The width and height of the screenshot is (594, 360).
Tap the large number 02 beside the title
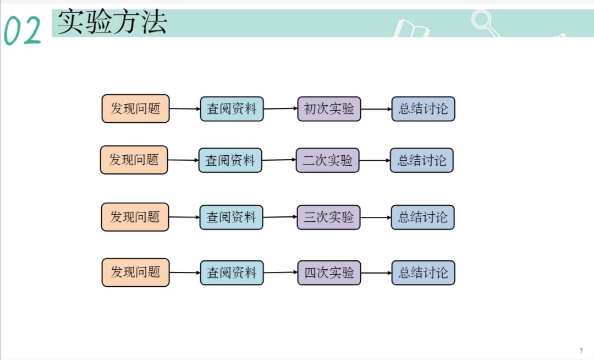(23, 31)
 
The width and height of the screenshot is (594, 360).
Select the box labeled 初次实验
(329, 109)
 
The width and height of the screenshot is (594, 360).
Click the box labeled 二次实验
(327, 160)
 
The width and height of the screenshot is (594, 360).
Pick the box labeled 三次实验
(329, 217)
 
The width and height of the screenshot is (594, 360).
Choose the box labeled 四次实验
(329, 272)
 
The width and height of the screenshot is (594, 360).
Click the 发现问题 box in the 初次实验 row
(135, 108)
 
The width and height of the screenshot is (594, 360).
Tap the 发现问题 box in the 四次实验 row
(135, 272)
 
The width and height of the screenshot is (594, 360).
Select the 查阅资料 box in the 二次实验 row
(230, 160)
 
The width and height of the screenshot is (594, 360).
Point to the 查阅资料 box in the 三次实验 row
(231, 217)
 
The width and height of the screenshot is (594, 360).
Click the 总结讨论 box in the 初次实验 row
(423, 109)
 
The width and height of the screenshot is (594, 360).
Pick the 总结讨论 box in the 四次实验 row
(423, 272)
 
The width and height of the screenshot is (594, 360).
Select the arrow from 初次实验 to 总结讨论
(376, 109)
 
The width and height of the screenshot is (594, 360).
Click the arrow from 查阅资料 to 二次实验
(279, 160)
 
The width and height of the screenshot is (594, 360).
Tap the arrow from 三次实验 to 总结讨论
(376, 217)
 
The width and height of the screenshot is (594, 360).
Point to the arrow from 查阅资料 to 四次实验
(280, 272)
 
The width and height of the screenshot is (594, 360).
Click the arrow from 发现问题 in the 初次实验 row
(184, 109)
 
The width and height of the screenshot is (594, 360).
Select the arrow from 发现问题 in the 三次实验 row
(184, 217)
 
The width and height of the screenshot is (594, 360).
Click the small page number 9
(581, 351)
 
